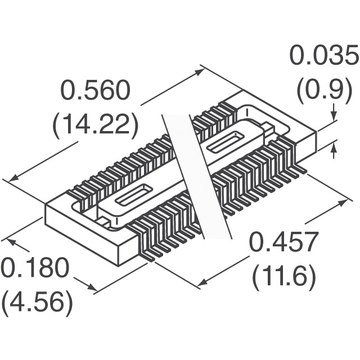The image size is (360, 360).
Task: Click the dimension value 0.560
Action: tap(95, 92)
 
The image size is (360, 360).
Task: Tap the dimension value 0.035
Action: tap(323, 56)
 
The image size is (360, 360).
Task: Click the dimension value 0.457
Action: tap(284, 244)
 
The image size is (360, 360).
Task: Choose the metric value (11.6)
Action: tap(284, 276)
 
